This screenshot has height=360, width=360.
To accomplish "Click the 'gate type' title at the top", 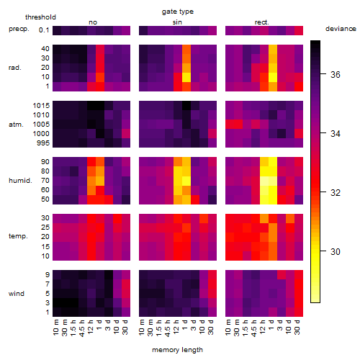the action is pyautogui.click(x=178, y=12).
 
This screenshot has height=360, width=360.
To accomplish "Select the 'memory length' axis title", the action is pyautogui.click(x=178, y=350).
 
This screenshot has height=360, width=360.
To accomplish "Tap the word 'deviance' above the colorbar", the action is pyautogui.click(x=341, y=29).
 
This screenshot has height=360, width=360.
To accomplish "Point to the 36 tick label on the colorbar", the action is pyautogui.click(x=336, y=74).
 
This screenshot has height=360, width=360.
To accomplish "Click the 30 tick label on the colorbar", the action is pyautogui.click(x=336, y=251).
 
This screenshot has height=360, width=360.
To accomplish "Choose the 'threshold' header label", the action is pyautogui.click(x=40, y=17).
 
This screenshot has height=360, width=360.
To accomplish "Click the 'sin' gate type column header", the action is pyautogui.click(x=177, y=22).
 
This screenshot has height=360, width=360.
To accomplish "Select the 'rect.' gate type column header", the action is pyautogui.click(x=262, y=22).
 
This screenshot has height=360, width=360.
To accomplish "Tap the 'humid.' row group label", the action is pyautogui.click(x=20, y=181).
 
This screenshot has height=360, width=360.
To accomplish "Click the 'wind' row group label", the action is pyautogui.click(x=17, y=294).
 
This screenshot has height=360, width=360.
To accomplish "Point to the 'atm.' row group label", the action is pyautogui.click(x=16, y=125).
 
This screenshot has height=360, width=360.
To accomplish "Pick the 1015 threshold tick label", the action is pyautogui.click(x=41, y=106).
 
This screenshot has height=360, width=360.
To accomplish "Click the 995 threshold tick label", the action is pyautogui.click(x=43, y=143).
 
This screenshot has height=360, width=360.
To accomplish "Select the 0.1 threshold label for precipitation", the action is pyautogui.click(x=44, y=30).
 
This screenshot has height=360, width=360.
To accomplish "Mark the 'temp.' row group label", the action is pyautogui.click(x=18, y=236).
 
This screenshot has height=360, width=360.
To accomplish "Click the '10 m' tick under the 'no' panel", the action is pyautogui.click(x=56, y=328).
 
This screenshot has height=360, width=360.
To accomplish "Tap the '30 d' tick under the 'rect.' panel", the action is pyautogui.click(x=297, y=328).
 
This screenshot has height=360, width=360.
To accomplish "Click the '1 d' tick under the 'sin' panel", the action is pyautogui.click(x=186, y=325).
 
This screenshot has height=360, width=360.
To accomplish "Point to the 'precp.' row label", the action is pyautogui.click(x=19, y=30).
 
